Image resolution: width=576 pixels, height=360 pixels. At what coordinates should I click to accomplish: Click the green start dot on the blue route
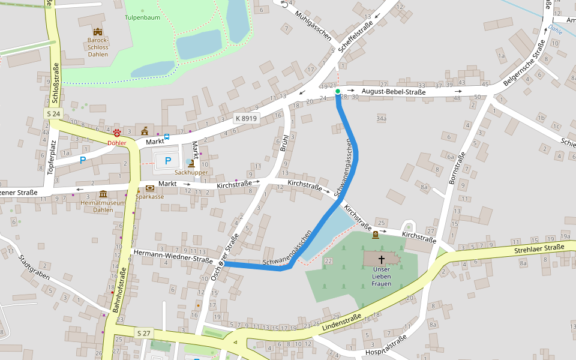[x=338, y=91]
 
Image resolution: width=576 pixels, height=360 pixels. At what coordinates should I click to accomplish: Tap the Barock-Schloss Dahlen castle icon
[x=97, y=32]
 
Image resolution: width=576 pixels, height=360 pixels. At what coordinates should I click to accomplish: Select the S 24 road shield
[x=53, y=113]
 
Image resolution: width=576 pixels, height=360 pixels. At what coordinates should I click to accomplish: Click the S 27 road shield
[x=143, y=333]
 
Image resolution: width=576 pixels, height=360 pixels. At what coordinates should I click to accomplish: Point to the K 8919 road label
[x=246, y=118]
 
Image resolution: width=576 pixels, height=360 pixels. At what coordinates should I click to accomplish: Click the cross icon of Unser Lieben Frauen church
[x=381, y=259]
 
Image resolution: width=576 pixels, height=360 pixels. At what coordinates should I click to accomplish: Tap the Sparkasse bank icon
[x=149, y=188]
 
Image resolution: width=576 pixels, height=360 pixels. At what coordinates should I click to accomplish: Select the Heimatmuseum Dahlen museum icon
[x=103, y=194]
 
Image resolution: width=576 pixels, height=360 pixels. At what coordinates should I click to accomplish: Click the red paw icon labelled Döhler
[x=116, y=133]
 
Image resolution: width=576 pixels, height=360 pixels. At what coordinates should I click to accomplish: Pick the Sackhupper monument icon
[x=191, y=163]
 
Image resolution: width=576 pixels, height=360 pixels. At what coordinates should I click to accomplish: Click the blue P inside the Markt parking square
[x=168, y=161]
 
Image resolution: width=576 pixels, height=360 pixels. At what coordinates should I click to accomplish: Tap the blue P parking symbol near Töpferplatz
[x=83, y=160]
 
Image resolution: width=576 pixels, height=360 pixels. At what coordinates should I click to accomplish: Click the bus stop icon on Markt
[x=166, y=136]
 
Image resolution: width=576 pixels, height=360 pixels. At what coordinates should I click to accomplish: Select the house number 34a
[x=381, y=119]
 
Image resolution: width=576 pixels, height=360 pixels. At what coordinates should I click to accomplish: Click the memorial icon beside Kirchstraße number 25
[x=376, y=235]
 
